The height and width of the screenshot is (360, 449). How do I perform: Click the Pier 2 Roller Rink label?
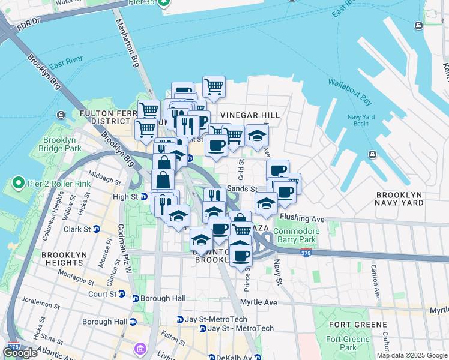[52, 182]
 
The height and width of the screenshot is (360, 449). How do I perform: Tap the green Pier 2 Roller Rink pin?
[18, 182]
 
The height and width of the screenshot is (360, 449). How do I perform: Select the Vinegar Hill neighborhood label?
[250, 115]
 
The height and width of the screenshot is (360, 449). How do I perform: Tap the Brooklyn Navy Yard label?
[408, 199]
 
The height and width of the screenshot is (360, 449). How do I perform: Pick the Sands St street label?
[242, 188]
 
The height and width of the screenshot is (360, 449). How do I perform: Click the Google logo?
[20, 353]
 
